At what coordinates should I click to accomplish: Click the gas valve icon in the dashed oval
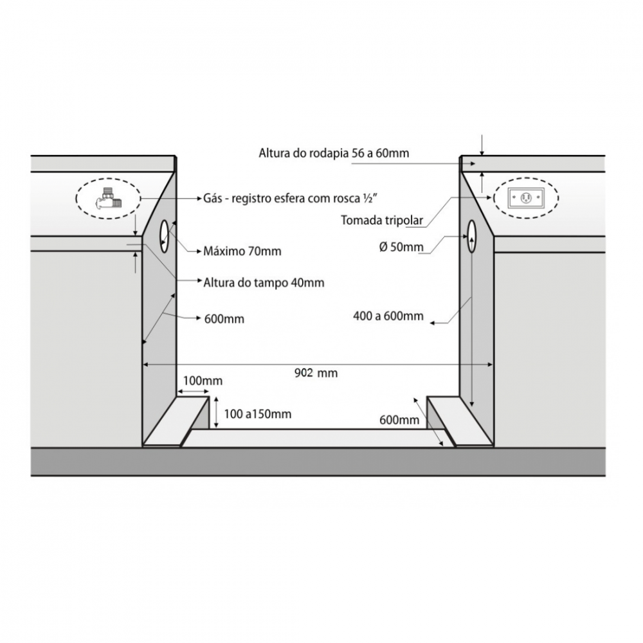(x=108, y=197)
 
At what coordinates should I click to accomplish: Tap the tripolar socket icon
(x=526, y=199)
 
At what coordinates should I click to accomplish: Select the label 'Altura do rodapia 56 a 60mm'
(x=334, y=154)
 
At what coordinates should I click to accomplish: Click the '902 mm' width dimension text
(x=316, y=373)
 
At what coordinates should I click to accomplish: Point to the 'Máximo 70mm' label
(x=242, y=251)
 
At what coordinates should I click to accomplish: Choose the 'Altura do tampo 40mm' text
(x=264, y=283)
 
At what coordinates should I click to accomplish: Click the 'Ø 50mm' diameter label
(x=401, y=248)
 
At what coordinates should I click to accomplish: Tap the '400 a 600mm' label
(x=388, y=316)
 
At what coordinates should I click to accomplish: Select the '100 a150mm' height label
(x=258, y=414)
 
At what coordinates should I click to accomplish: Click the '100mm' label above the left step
(x=203, y=381)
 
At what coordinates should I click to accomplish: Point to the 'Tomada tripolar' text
(x=382, y=221)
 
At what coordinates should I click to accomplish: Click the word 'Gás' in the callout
(x=213, y=199)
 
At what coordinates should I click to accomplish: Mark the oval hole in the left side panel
(x=164, y=236)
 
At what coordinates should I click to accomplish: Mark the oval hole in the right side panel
(x=471, y=236)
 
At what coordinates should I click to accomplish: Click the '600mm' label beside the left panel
(x=224, y=319)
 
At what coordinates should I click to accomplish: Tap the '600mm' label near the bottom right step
(x=399, y=420)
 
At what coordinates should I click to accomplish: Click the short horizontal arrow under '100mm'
(x=193, y=392)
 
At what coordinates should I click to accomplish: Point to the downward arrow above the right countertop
(x=482, y=145)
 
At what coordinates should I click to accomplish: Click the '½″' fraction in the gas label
(x=370, y=198)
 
